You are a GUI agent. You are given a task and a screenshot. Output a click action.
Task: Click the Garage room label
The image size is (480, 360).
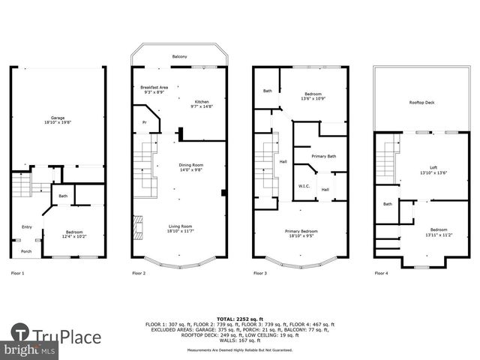58,118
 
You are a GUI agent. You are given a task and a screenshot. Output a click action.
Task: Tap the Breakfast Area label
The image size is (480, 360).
154,88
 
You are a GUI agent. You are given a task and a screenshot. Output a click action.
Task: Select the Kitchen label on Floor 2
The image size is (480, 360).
202,102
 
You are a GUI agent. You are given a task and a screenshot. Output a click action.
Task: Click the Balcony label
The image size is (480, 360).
178,57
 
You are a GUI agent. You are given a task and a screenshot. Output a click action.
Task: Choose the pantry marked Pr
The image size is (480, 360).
145,121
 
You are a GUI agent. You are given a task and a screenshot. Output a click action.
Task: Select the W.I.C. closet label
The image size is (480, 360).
304,187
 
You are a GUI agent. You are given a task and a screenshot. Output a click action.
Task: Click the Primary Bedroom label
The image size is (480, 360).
300,231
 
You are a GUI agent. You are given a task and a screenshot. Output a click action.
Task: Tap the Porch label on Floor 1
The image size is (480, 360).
26,251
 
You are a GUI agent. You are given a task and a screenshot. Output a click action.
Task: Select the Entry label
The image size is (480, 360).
27,227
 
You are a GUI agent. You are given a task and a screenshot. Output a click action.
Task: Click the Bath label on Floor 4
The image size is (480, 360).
388,204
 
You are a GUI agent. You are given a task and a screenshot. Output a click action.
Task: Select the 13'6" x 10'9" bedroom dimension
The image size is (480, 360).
313,98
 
